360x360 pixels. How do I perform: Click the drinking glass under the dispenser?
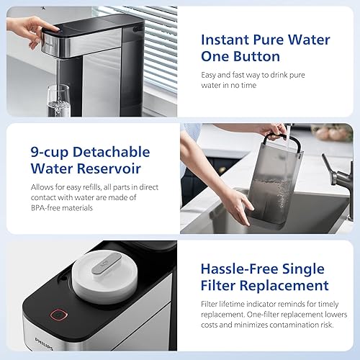pyautogui.click(x=58, y=101)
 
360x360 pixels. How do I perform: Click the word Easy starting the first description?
pyautogui.click(x=208, y=74)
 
